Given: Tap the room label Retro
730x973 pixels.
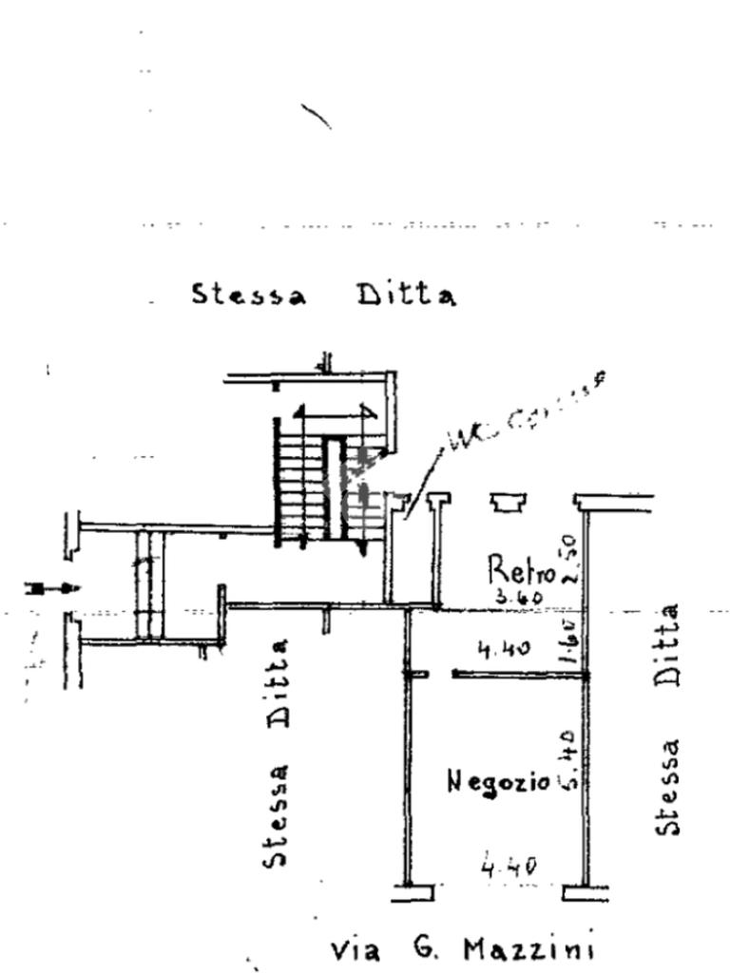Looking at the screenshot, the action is pyautogui.click(x=521, y=570).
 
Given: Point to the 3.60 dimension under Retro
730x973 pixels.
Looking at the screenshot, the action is pyautogui.click(x=518, y=599).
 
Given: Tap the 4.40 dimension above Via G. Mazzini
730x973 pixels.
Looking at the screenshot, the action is pyautogui.click(x=509, y=866).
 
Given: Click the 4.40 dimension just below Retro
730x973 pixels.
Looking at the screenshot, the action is pyautogui.click(x=503, y=650).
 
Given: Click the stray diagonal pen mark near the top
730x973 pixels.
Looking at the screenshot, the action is pyautogui.click(x=316, y=116).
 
